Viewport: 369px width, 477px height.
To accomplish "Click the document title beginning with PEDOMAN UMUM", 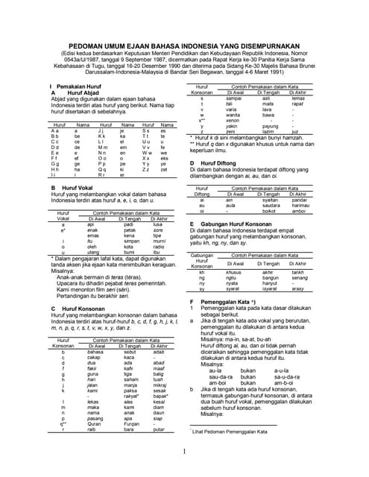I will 184,44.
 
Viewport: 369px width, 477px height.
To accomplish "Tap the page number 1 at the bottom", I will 184,451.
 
